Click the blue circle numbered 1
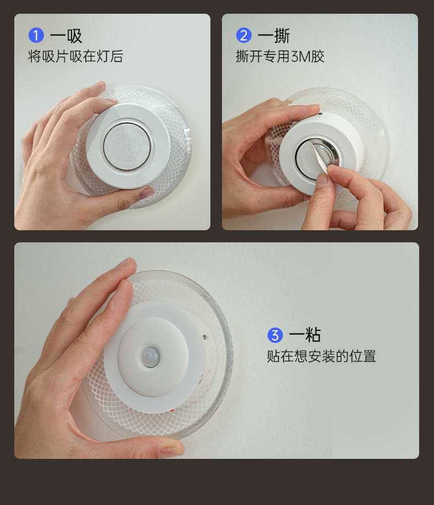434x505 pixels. click(x=36, y=35)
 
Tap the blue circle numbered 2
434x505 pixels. click(x=244, y=35)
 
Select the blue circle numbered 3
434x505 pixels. click(x=275, y=335)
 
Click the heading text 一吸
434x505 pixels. click(x=66, y=36)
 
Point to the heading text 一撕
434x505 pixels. click(x=274, y=36)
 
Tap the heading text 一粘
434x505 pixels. click(x=305, y=335)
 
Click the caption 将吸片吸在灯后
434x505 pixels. click(x=76, y=57)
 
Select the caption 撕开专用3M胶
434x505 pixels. click(x=280, y=57)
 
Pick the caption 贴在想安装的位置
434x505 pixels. click(x=321, y=356)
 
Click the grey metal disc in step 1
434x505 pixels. click(x=127, y=146)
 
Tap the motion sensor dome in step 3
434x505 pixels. click(x=151, y=357)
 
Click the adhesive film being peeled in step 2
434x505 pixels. click(x=315, y=158)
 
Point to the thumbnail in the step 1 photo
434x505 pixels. click(x=147, y=192)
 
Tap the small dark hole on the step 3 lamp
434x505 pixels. click(x=205, y=337)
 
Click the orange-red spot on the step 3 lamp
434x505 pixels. click(x=173, y=410)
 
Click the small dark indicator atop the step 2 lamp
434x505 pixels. click(x=320, y=114)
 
